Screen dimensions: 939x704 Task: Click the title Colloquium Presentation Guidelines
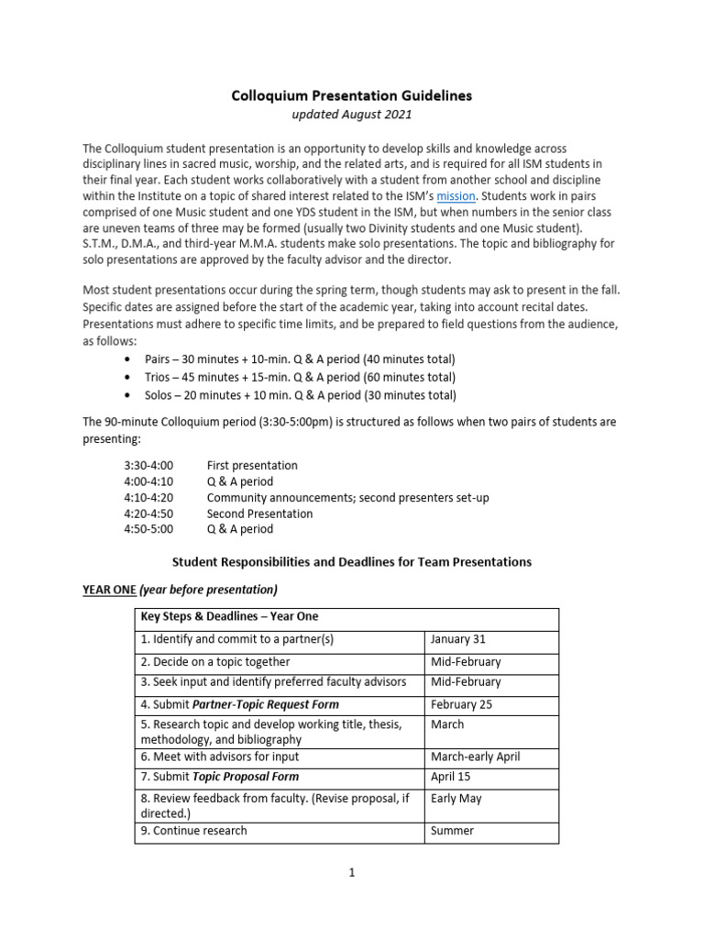point(351,94)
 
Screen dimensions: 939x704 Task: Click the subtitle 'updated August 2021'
point(351,115)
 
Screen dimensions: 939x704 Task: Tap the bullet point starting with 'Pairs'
point(299,359)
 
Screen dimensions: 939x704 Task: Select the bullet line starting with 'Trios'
point(299,377)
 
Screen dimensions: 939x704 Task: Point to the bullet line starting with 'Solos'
point(299,395)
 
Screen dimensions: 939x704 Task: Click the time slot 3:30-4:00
point(148,465)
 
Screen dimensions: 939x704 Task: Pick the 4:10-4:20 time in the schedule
point(148,497)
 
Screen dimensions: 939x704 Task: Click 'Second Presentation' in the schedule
point(259,514)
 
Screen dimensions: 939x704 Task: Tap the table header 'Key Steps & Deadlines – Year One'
point(229,616)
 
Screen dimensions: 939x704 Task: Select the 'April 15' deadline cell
point(451,777)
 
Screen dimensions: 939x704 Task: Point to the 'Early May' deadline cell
point(456,798)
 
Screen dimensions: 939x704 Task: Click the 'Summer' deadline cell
point(452,831)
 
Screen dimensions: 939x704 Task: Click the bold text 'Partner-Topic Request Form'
point(264,704)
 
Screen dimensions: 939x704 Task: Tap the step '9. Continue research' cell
point(193,831)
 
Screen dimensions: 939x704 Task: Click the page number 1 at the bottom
point(351,873)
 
